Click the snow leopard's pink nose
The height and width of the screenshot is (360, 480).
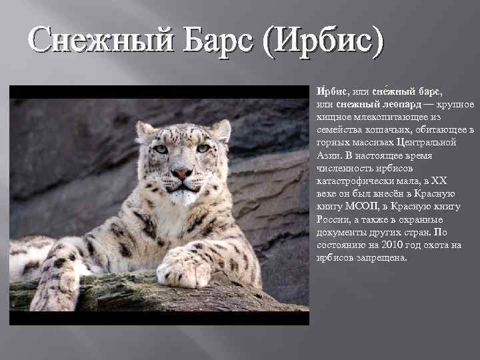point(181,174)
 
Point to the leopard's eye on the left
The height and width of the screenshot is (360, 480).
point(161,149)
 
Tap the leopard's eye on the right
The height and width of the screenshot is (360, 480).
point(203,148)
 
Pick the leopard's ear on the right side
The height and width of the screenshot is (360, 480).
point(221,129)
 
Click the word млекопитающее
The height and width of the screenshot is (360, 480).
point(393,117)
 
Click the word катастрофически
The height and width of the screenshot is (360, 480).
point(355,180)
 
